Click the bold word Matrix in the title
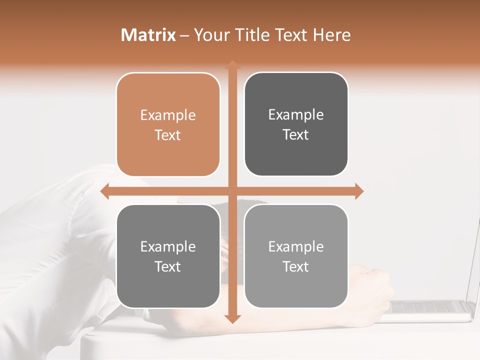click(148, 35)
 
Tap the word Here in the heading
click(332, 35)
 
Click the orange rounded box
click(168, 125)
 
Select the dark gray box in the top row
click(296, 124)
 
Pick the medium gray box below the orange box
click(168, 256)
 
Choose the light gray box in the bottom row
click(296, 256)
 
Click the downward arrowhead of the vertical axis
click(232, 318)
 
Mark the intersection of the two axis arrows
click(232, 191)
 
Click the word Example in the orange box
click(168, 115)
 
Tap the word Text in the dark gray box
click(296, 134)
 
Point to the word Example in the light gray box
click(296, 246)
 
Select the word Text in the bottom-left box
click(168, 266)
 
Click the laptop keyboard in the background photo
click(430, 306)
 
